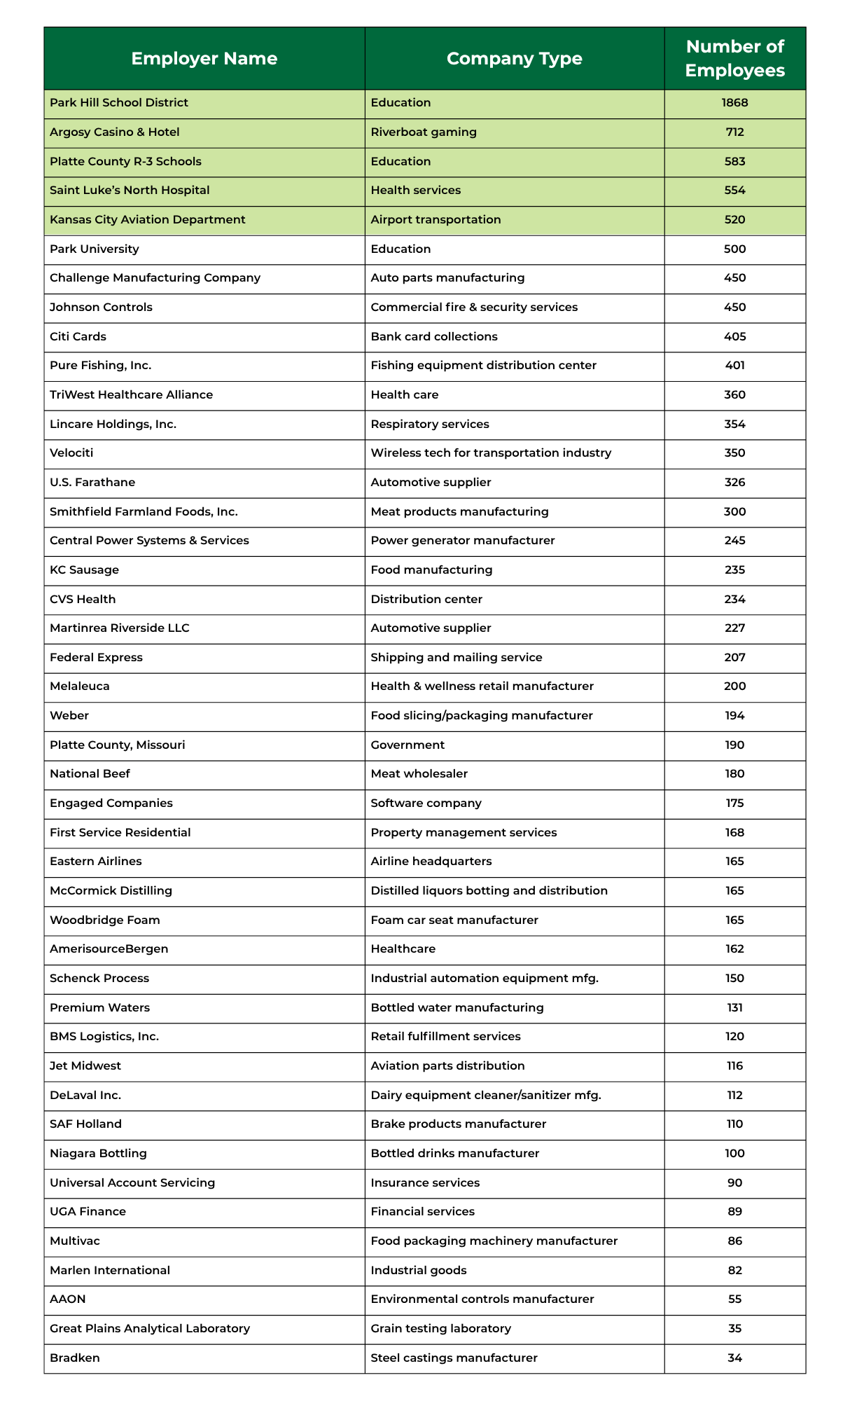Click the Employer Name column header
tap(204, 59)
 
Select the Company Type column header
tap(514, 59)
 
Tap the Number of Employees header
tap(734, 59)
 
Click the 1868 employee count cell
tap(734, 103)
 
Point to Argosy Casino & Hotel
tap(114, 132)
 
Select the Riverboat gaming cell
tap(423, 132)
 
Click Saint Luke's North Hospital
tap(130, 191)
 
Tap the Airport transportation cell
tap(436, 220)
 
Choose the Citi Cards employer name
tap(78, 337)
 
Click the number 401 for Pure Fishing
tap(734, 366)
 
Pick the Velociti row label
tap(71, 453)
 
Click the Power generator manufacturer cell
tap(462, 541)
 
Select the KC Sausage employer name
tap(84, 570)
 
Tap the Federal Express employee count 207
tap(734, 658)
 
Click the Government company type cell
tap(407, 745)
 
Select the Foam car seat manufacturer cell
tap(454, 920)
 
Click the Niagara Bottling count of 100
tap(734, 1154)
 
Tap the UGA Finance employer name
tap(88, 1212)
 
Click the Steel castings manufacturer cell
tap(454, 1358)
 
